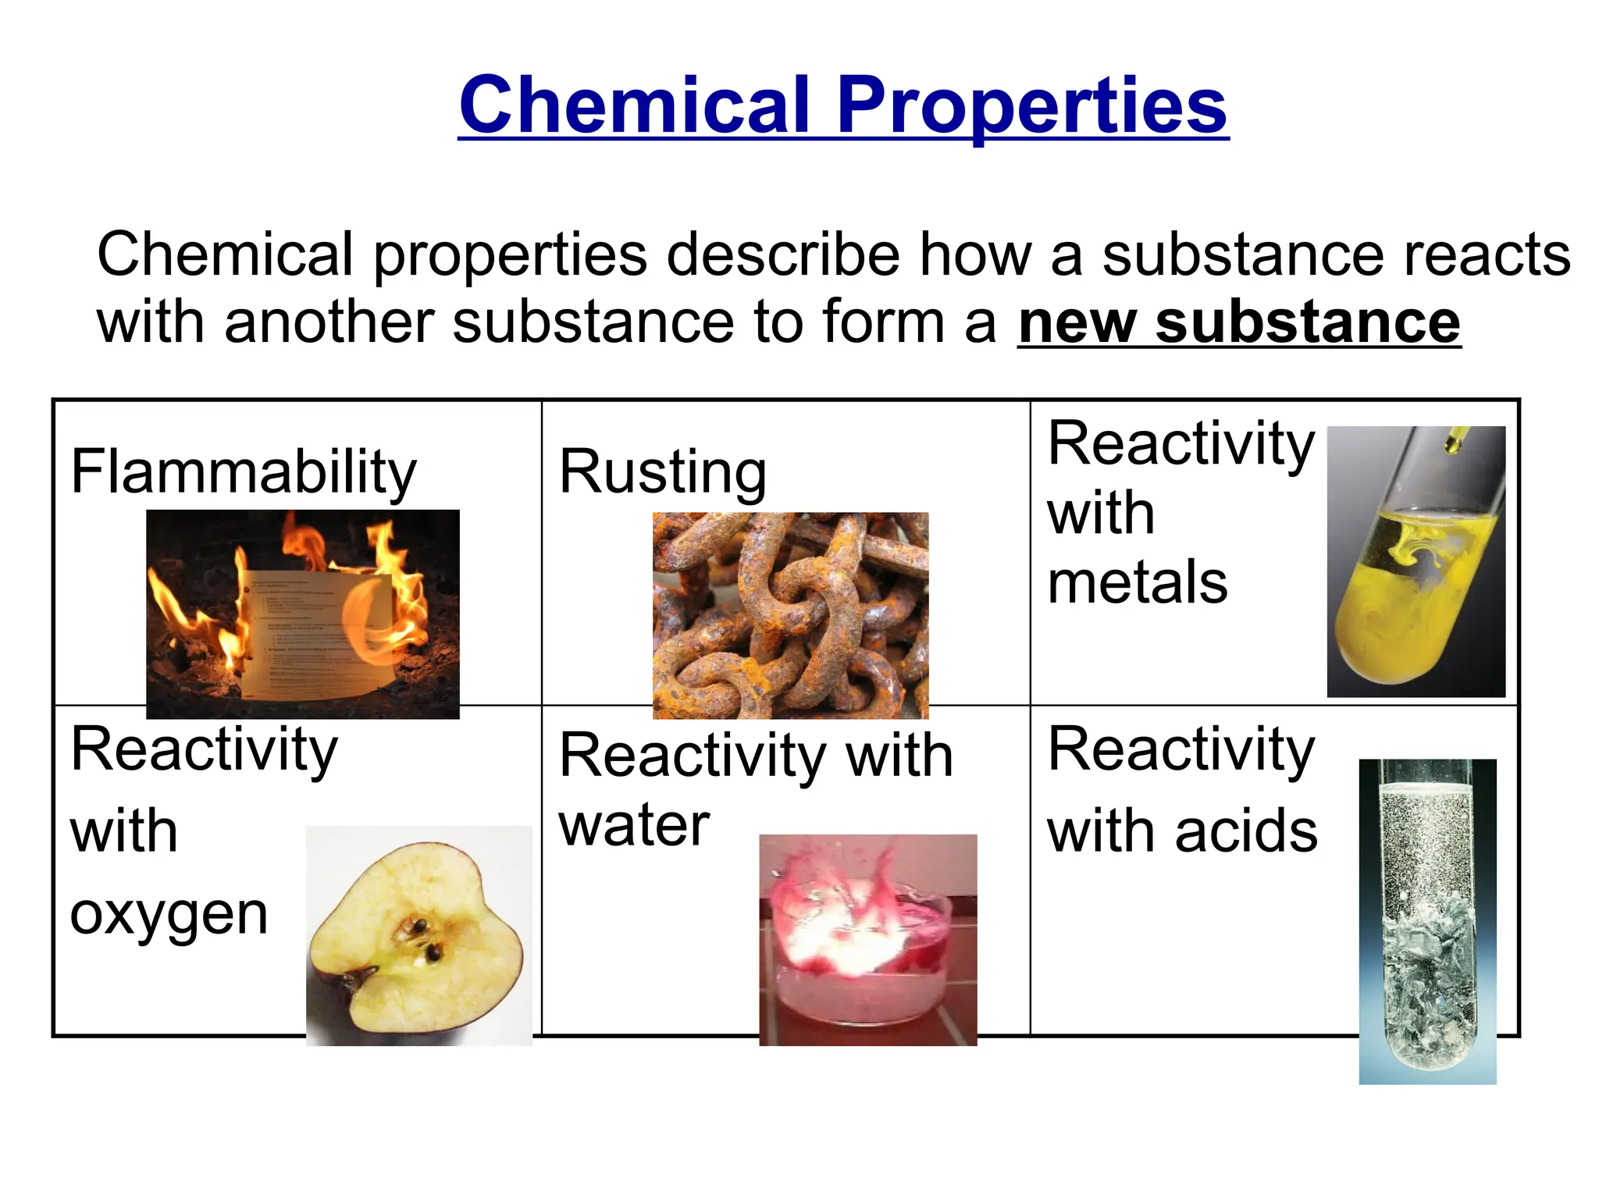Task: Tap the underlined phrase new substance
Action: [1238, 322]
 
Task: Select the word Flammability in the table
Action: [244, 471]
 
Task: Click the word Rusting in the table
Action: [663, 471]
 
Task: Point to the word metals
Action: [1137, 582]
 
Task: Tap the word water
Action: [634, 825]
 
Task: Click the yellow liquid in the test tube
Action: [1398, 617]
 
